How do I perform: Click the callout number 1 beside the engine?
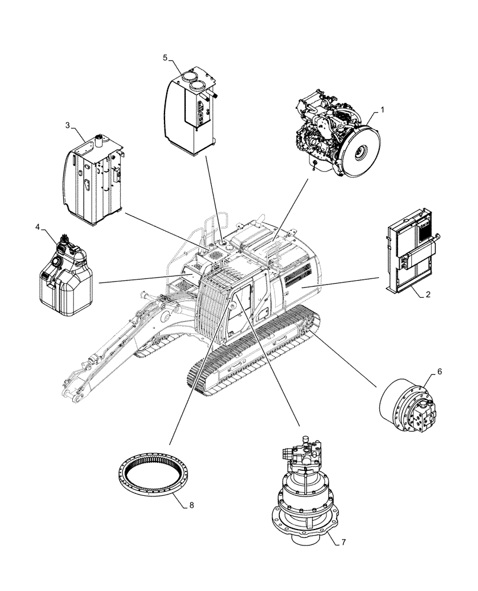click(383, 109)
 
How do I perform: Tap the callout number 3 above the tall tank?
click(67, 125)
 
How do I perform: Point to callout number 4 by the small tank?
click(38, 226)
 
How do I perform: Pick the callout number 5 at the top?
click(165, 57)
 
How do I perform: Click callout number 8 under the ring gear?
click(190, 506)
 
